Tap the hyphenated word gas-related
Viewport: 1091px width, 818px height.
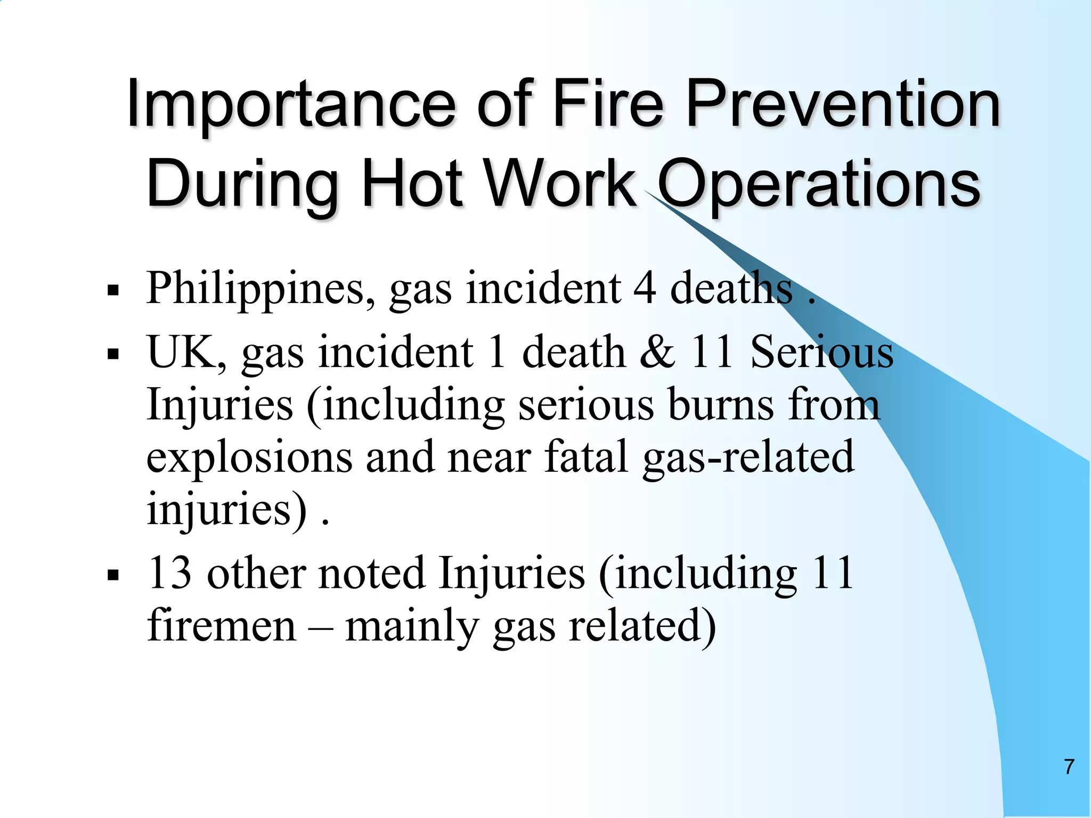tap(748, 457)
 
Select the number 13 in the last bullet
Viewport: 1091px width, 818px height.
tap(170, 573)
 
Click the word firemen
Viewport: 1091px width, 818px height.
tap(222, 625)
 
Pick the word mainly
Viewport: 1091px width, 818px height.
tap(412, 626)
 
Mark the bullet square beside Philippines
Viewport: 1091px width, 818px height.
tap(112, 291)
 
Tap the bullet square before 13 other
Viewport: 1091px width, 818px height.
tap(112, 576)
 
